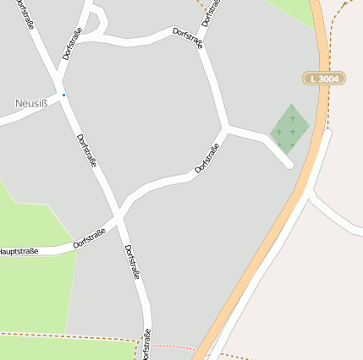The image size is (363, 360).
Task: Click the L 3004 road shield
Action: [325, 79]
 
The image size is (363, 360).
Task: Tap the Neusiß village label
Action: [32, 103]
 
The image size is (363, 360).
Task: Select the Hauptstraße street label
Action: [19, 251]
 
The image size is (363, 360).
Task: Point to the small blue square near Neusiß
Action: [63, 95]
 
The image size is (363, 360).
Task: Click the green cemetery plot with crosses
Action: [289, 128]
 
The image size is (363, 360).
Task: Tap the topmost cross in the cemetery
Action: [293, 118]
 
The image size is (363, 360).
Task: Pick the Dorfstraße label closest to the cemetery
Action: [207, 158]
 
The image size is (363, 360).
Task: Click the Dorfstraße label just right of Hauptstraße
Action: [89, 237]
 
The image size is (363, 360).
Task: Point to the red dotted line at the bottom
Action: [173, 346]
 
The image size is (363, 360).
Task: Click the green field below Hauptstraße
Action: [34, 292]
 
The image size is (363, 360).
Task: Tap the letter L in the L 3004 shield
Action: [314, 79]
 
